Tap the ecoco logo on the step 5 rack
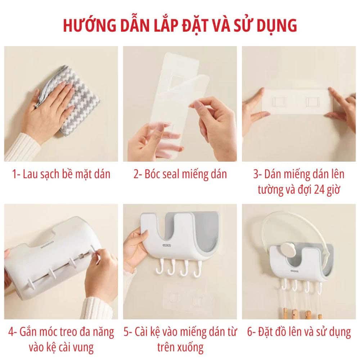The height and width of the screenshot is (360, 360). pyautogui.click(x=167, y=246)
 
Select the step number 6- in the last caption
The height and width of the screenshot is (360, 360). pyautogui.click(x=252, y=332)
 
